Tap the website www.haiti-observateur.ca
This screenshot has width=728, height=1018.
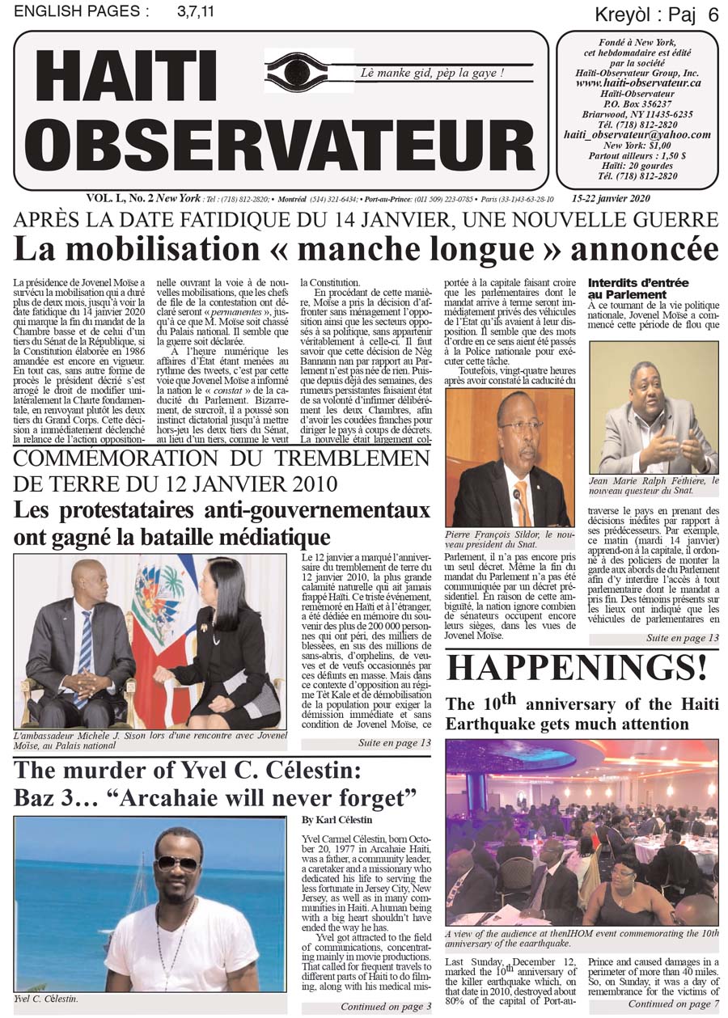coord(637,82)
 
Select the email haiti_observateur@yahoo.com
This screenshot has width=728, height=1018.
coord(637,135)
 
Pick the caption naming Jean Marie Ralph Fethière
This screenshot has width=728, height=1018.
coord(654,485)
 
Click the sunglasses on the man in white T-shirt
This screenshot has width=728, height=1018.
coord(176,864)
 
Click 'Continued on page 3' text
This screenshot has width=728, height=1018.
coord(385,1007)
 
